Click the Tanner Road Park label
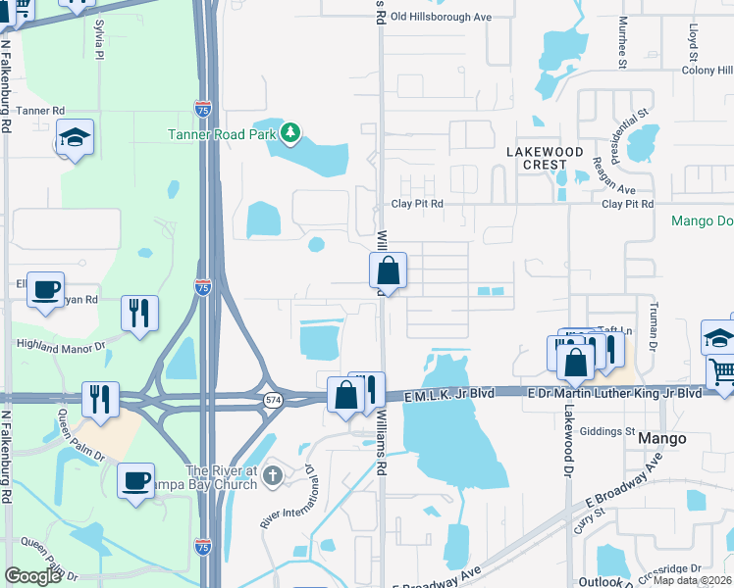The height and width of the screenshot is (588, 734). pyautogui.click(x=222, y=134)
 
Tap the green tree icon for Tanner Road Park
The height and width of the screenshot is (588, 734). pyautogui.click(x=289, y=132)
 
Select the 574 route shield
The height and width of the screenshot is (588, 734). pyautogui.click(x=275, y=399)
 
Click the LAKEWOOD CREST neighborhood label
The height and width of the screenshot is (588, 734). pyautogui.click(x=545, y=158)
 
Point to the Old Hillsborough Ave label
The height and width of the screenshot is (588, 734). pyautogui.click(x=441, y=17)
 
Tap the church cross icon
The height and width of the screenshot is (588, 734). pyautogui.click(x=274, y=476)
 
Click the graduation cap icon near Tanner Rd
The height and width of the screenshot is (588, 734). pyautogui.click(x=75, y=137)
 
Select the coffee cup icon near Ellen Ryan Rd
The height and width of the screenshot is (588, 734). pyautogui.click(x=45, y=289)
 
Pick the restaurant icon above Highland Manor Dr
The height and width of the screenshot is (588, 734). pyautogui.click(x=138, y=312)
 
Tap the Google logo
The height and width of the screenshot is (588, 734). pyautogui.click(x=33, y=576)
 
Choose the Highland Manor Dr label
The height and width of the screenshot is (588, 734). pyautogui.click(x=62, y=343)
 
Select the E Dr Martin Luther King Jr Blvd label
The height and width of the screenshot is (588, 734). pyautogui.click(x=614, y=392)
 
